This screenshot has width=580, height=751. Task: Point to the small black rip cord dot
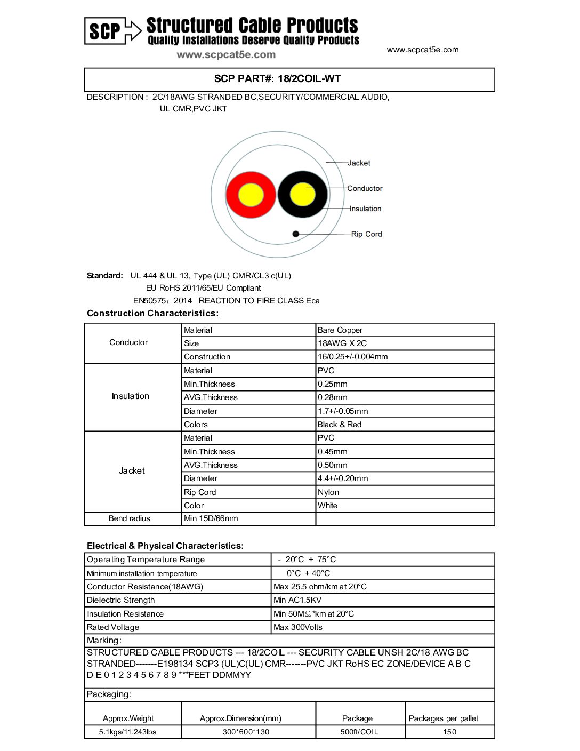(x=296, y=234)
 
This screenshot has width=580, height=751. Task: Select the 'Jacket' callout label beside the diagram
(x=359, y=163)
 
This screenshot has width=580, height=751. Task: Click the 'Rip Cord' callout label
(x=366, y=234)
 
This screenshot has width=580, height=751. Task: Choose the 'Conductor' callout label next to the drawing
(x=365, y=188)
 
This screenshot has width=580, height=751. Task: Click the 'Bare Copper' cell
(x=340, y=330)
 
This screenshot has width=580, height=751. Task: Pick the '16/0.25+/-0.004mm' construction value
(x=352, y=357)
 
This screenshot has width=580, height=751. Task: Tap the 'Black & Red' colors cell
(x=340, y=425)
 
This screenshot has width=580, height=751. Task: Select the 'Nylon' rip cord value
(x=328, y=492)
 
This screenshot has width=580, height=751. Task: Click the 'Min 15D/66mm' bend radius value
(x=211, y=518)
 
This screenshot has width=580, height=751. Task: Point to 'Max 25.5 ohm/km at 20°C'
(x=320, y=587)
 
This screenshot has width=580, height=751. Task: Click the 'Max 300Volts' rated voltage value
(x=298, y=627)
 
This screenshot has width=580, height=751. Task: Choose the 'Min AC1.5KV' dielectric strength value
(x=297, y=600)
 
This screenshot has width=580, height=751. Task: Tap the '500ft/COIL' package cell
(x=359, y=732)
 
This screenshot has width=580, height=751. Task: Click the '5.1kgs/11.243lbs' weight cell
(x=128, y=732)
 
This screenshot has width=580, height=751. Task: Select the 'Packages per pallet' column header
(x=444, y=718)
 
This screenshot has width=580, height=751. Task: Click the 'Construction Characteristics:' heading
(x=152, y=314)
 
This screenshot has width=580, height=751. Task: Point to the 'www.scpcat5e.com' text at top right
(x=423, y=50)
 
